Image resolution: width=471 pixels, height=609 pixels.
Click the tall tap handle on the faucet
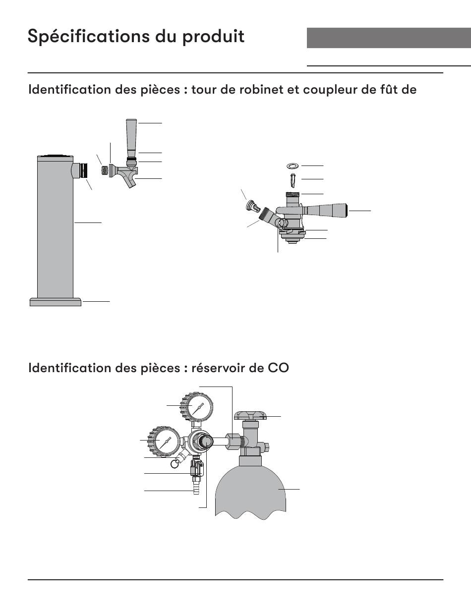(x=131, y=136)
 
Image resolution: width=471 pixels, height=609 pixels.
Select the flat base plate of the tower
(x=55, y=301)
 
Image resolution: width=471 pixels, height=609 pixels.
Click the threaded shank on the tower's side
(x=83, y=171)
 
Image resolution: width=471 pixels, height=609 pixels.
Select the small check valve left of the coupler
(x=252, y=206)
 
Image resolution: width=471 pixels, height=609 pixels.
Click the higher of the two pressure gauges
(x=197, y=408)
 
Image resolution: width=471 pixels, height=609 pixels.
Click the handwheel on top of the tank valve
(x=251, y=415)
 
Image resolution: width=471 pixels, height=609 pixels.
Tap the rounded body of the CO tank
(x=251, y=491)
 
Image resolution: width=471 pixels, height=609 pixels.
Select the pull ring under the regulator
(x=175, y=463)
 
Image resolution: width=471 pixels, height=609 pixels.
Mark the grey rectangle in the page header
(x=388, y=38)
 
